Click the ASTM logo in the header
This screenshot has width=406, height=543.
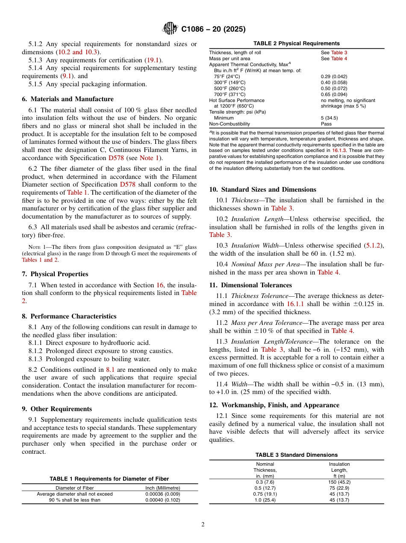coord(171,29)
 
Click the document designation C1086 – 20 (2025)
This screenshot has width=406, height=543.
coord(213,29)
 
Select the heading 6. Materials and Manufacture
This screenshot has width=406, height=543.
coord(68,99)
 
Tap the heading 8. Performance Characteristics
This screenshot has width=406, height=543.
coord(69,316)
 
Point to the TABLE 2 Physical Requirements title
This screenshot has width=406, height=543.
coord(296,44)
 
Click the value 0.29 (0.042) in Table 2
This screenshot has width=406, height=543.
coord(334,76)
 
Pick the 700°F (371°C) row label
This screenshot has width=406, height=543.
coord(229,94)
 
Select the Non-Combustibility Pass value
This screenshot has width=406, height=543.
coord(326,124)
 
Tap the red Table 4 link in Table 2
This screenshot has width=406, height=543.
coord(339,58)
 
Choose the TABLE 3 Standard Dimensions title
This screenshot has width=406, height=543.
coord(296,455)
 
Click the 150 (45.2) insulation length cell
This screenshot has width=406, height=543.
coord(339,482)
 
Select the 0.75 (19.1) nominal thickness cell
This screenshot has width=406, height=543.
coord(265,494)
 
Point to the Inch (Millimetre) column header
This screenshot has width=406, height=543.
coord(162,488)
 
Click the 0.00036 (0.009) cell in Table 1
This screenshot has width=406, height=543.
coord(162,494)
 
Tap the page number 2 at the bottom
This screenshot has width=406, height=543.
coord(203,525)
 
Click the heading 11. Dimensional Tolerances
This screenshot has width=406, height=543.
coord(250,285)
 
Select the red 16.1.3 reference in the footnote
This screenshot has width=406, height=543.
coord(339,151)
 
